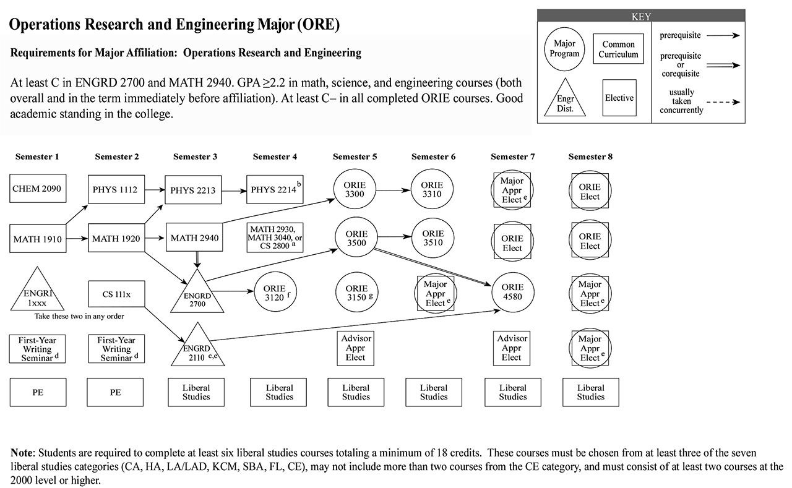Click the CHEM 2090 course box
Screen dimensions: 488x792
click(38, 187)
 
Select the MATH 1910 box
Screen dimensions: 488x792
click(38, 239)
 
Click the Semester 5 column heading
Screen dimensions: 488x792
click(355, 156)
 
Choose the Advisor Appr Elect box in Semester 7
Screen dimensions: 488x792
click(512, 348)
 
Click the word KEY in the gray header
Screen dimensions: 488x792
click(640, 17)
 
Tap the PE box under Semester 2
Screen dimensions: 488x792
click(115, 392)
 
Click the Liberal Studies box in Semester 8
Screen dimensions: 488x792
click(590, 392)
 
